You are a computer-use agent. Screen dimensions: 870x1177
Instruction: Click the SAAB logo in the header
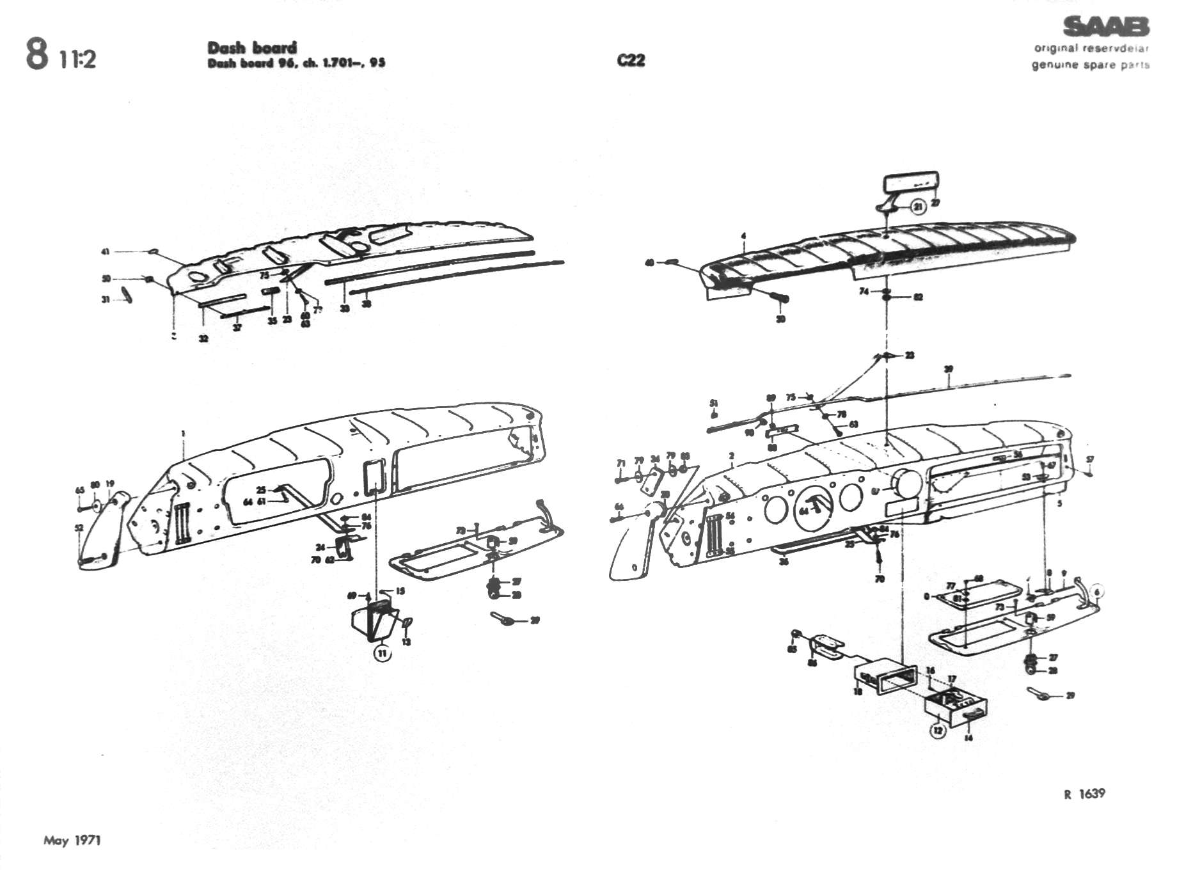[x=1105, y=27]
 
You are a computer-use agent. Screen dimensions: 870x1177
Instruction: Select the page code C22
[x=631, y=60]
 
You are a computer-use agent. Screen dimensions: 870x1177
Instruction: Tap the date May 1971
[x=72, y=840]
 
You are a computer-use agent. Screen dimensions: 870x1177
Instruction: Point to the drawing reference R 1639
[x=1084, y=794]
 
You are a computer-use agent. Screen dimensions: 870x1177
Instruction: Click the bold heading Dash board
[x=252, y=47]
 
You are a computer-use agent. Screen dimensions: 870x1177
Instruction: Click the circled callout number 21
[x=918, y=207]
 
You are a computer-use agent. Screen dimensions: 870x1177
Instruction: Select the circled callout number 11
[x=383, y=653]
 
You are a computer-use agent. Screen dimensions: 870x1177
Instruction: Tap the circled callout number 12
[x=938, y=730]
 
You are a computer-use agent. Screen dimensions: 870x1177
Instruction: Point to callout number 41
[x=106, y=251]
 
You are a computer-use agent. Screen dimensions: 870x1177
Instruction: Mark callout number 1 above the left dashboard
[x=183, y=434]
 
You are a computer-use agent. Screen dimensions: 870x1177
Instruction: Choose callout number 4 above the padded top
[x=743, y=237]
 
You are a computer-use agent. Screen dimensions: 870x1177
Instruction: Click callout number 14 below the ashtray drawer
[x=968, y=738]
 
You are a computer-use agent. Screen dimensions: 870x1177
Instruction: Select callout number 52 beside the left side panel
[x=79, y=528]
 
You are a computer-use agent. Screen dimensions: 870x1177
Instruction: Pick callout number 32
[x=203, y=338]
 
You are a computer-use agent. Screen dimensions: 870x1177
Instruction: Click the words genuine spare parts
[x=1090, y=65]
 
